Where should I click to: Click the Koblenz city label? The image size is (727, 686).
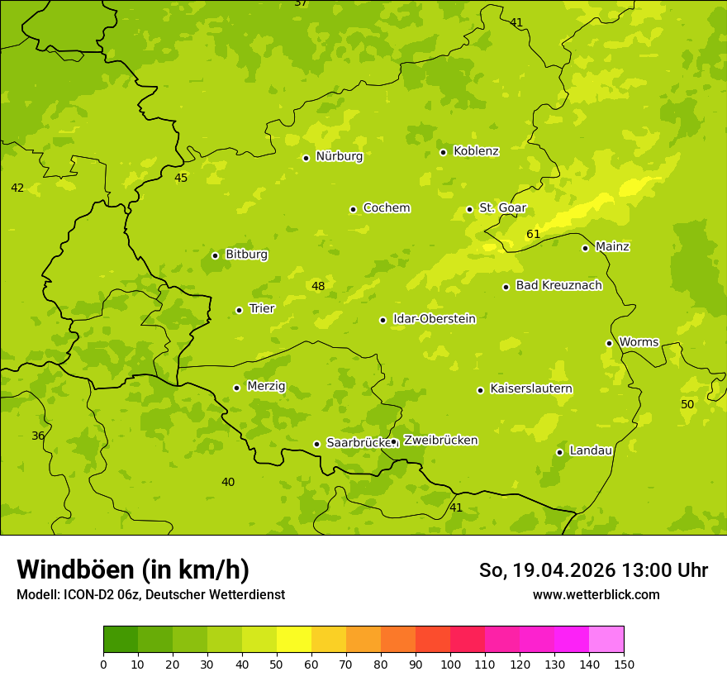click(476, 151)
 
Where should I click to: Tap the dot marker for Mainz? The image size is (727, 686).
click(585, 248)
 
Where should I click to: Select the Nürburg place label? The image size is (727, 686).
click(339, 156)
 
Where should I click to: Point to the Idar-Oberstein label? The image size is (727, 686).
click(435, 319)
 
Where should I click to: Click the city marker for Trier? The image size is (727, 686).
click(239, 310)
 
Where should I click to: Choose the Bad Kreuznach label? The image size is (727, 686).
click(558, 285)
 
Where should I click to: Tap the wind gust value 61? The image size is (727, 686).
click(533, 234)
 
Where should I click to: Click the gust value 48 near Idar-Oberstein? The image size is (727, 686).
click(318, 286)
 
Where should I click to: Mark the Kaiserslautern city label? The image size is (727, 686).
click(531, 388)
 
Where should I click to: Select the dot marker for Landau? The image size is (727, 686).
click(559, 452)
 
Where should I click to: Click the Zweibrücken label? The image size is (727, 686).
click(440, 441)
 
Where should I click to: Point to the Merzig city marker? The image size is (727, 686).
click(236, 388)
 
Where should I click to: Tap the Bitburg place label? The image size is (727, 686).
click(246, 255)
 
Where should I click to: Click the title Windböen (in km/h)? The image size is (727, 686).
click(133, 569)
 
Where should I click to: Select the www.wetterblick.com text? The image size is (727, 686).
click(596, 594)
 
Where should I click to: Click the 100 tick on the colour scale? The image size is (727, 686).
click(450, 664)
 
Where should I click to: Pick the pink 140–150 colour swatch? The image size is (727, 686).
click(606, 640)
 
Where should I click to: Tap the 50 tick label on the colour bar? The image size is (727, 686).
click(277, 664)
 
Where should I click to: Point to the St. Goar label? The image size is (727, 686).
click(502, 208)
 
